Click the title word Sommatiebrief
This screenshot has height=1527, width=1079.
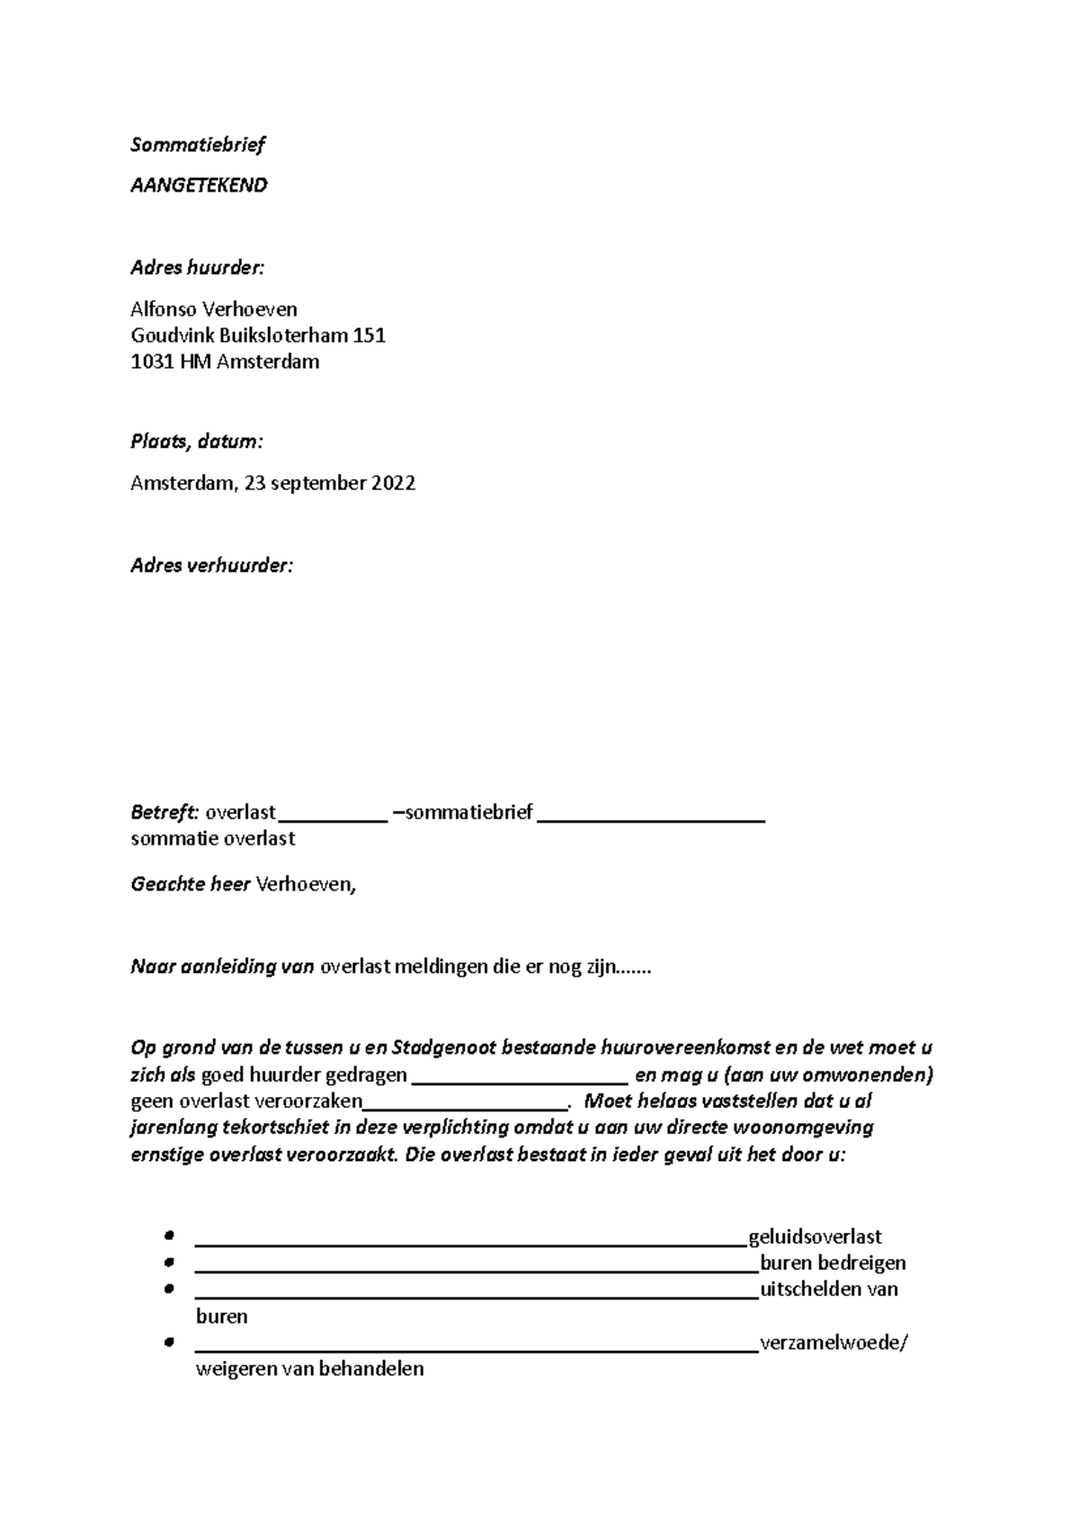pos(198,145)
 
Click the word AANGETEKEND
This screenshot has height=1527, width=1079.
pos(199,185)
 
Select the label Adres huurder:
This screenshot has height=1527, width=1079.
pos(198,268)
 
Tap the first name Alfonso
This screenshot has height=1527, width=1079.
pos(163,309)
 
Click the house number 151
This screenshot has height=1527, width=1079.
pos(370,336)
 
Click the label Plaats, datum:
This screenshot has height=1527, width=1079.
pos(197,442)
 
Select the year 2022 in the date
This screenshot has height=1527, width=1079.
pos(393,484)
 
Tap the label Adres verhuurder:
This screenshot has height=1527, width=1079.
pos(211,566)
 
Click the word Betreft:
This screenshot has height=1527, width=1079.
pos(165,813)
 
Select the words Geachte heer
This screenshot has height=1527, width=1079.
pos(190,884)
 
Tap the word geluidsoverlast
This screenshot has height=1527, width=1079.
pos(815,1237)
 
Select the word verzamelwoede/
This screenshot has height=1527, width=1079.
pos(834,1344)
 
